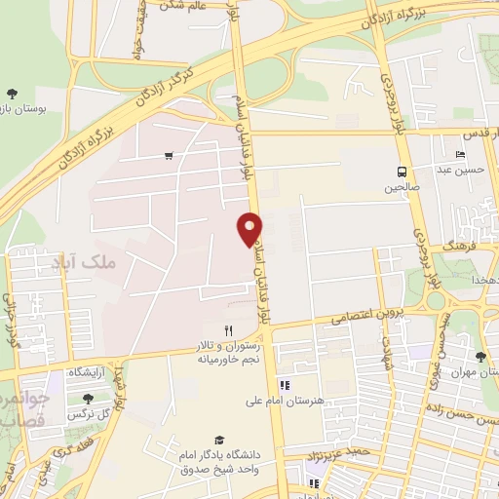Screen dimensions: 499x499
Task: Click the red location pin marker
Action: pos(250,227)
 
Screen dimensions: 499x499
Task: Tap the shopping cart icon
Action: pos(170,155)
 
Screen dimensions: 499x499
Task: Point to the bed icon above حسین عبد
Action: pos(461,155)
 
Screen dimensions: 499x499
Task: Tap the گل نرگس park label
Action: pos(89,414)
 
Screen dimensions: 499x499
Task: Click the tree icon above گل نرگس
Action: pos(89,399)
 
